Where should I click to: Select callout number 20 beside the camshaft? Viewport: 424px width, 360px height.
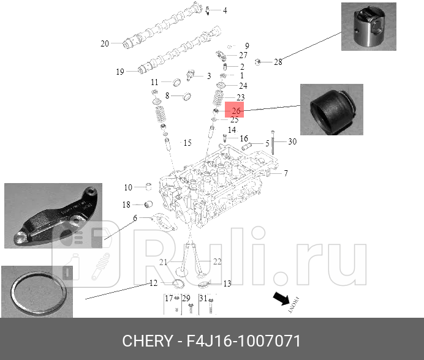pyautogui.click(x=104, y=43)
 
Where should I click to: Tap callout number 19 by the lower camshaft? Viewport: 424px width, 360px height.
pyautogui.click(x=120, y=72)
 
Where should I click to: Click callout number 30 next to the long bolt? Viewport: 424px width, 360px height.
pyautogui.click(x=292, y=141)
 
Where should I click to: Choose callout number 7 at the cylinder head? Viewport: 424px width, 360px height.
pyautogui.click(x=286, y=173)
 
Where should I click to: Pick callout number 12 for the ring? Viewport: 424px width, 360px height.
pyautogui.click(x=153, y=283)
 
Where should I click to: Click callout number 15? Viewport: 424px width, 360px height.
pyautogui.click(x=187, y=143)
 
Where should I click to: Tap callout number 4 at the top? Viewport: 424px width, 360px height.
pyautogui.click(x=224, y=10)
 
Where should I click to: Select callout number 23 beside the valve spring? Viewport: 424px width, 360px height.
pyautogui.click(x=240, y=97)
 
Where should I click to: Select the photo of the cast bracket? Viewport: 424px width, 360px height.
pyautogui.click(x=53, y=215)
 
